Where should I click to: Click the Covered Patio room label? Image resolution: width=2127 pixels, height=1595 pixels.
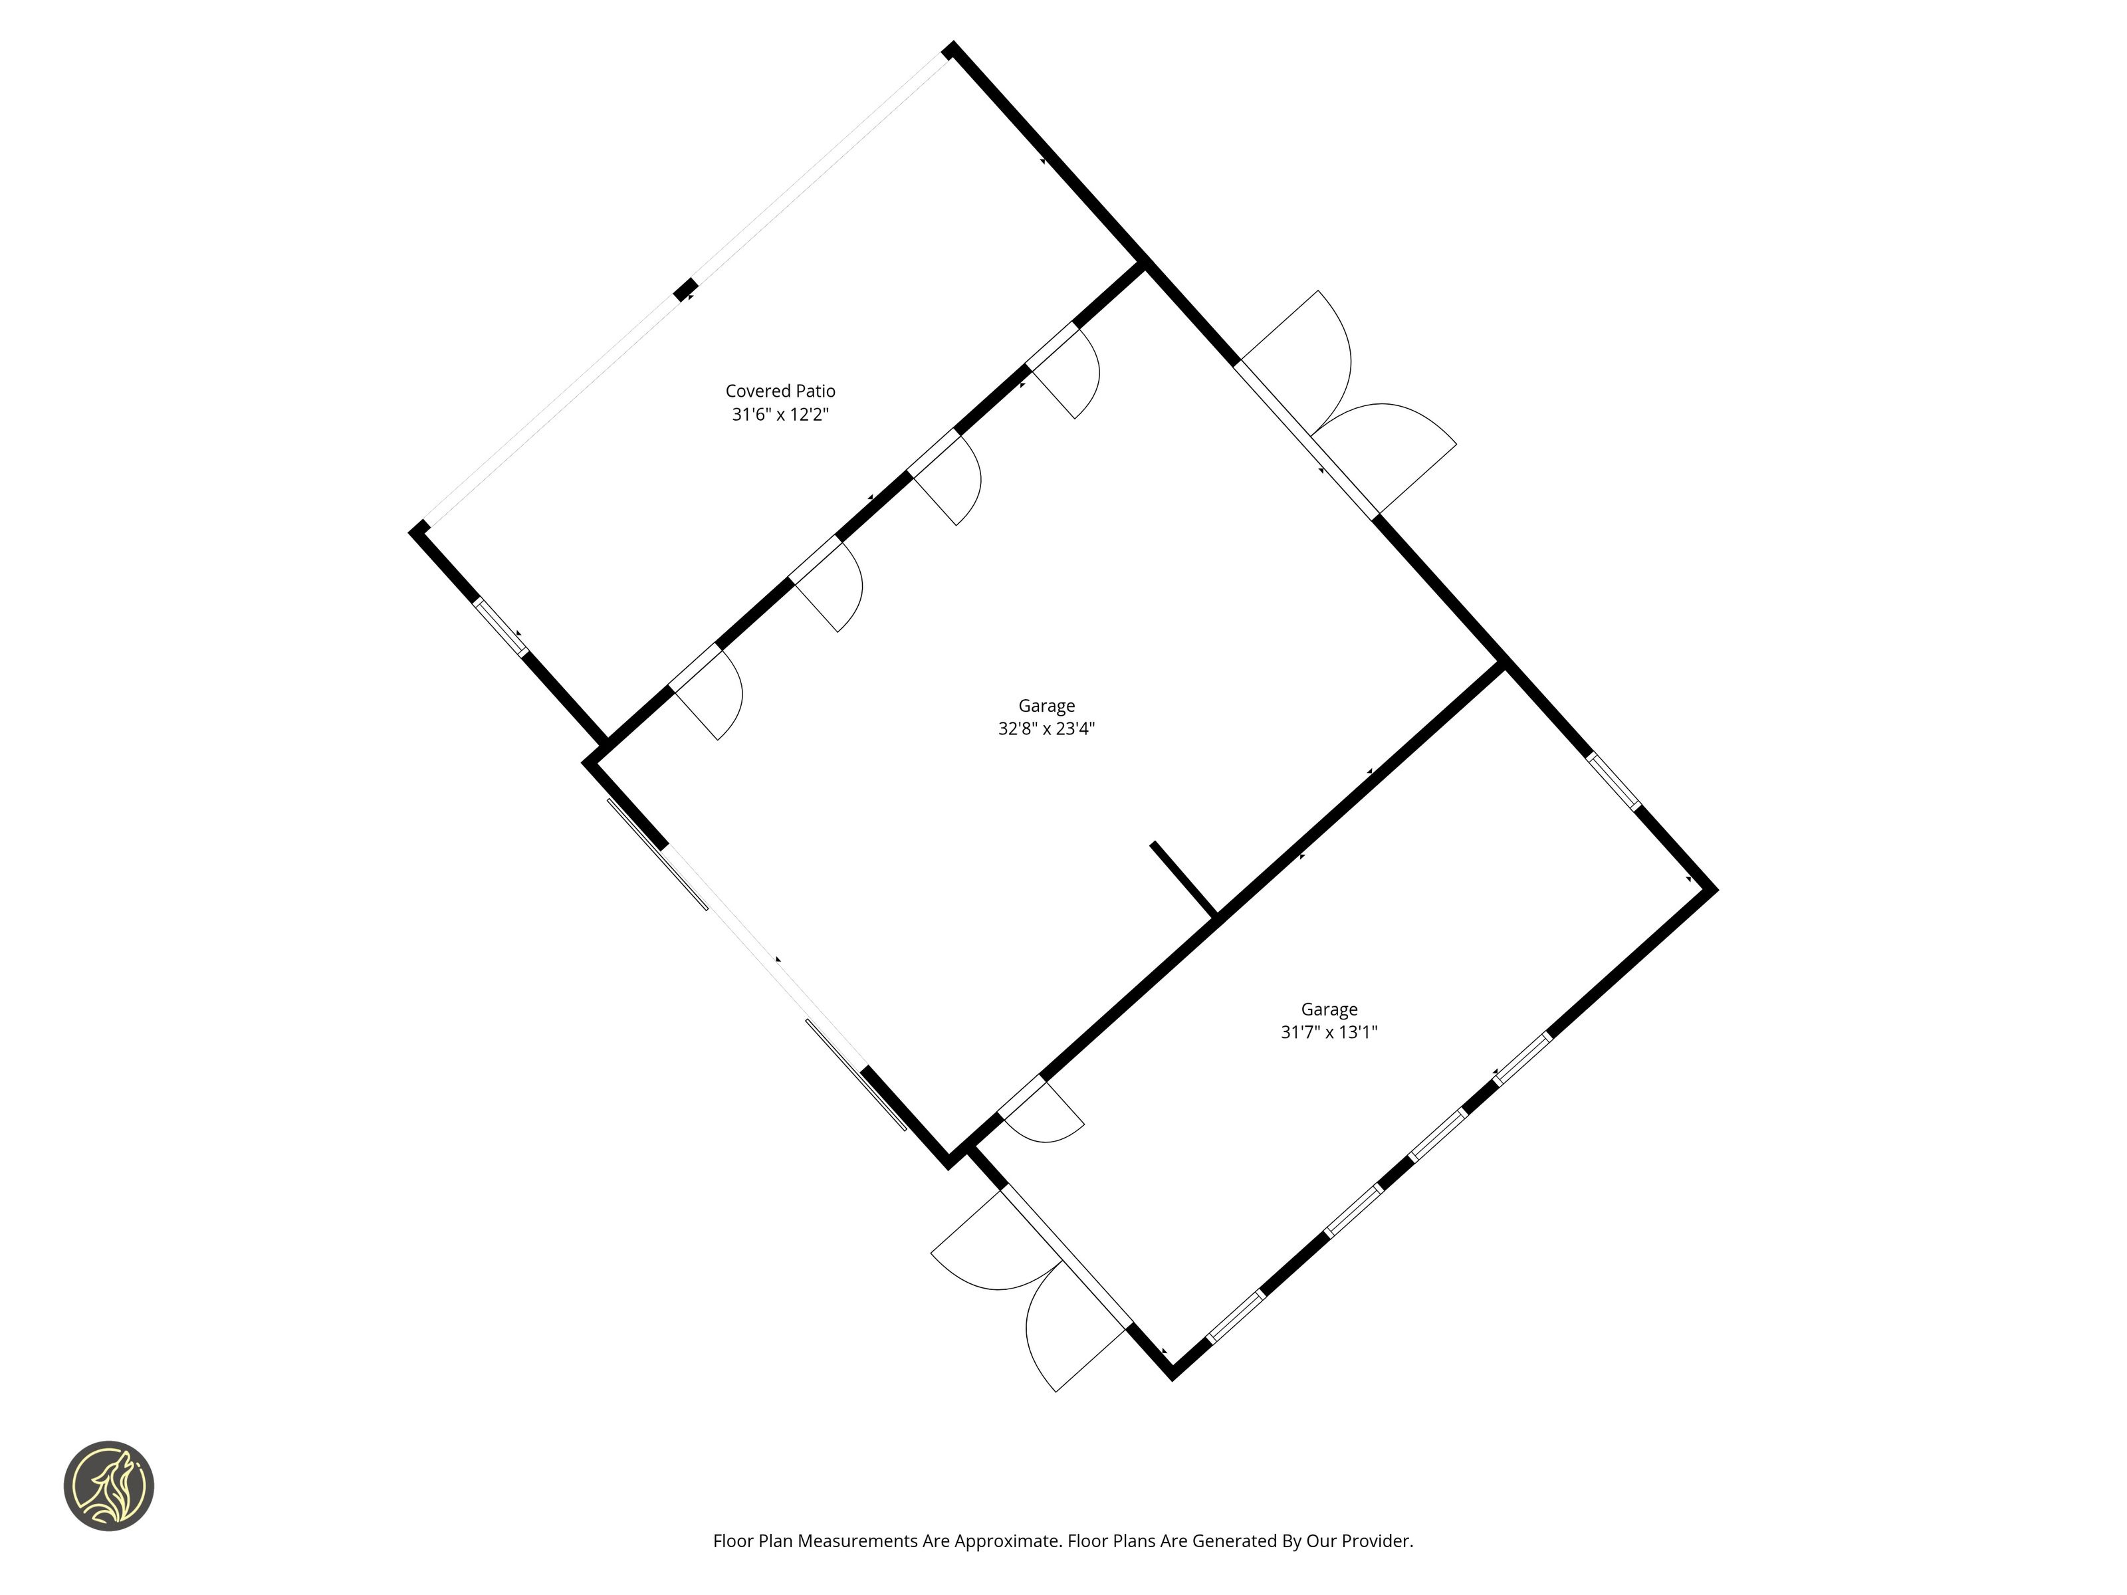pos(780,391)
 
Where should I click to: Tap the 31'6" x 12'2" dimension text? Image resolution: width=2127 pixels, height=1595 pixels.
pos(780,415)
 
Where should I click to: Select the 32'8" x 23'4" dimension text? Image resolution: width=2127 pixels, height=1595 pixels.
pos(1046,729)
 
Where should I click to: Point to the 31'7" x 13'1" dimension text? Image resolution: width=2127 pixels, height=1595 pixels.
pos(1329,1033)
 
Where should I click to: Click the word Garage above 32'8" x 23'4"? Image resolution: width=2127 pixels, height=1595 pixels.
pos(1046,706)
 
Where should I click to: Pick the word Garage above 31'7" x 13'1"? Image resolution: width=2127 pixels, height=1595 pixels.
pos(1329,1010)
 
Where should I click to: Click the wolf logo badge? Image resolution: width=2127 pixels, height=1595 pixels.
pos(108,1485)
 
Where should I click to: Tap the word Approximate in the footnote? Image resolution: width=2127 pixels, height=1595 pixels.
pos(1007,1541)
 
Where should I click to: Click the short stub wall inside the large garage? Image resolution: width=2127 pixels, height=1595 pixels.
pos(1184,879)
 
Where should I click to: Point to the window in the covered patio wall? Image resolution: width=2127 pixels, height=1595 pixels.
pos(500,627)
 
